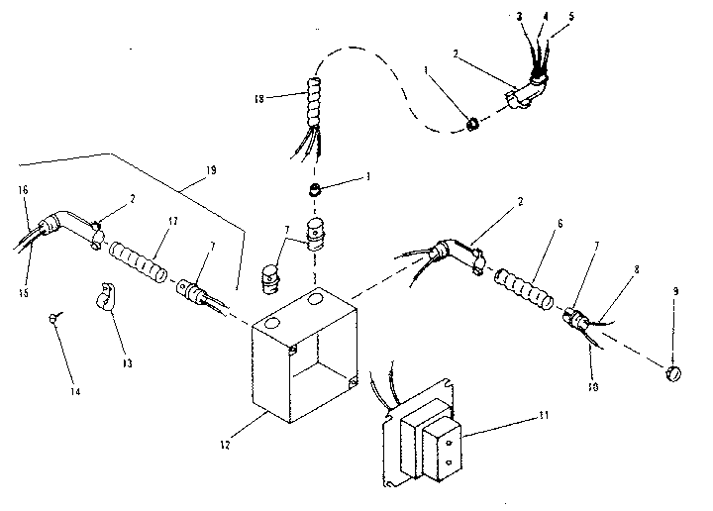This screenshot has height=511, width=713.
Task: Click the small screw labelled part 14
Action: pyautogui.click(x=51, y=317)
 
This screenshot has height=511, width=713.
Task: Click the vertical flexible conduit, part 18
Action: pyautogui.click(x=315, y=108)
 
